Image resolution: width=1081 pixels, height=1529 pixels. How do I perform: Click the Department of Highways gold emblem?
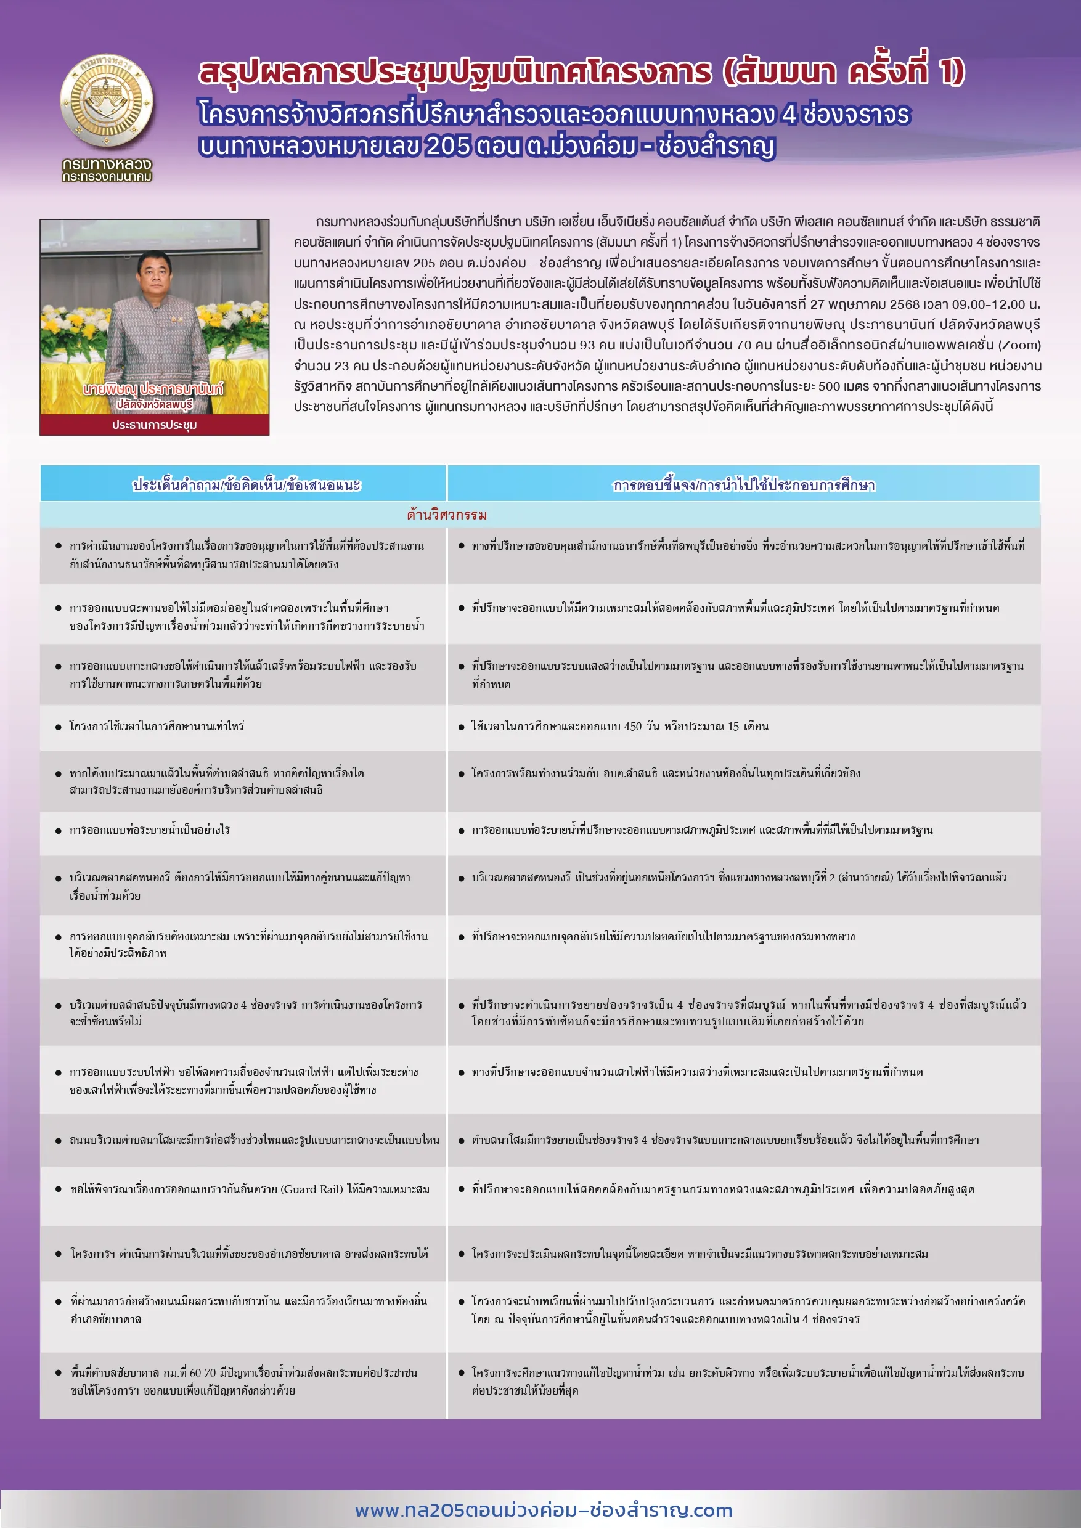click(107, 101)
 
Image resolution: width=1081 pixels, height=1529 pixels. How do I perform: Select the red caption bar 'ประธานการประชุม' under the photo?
click(155, 424)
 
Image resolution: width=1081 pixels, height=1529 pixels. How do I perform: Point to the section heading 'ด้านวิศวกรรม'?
click(447, 515)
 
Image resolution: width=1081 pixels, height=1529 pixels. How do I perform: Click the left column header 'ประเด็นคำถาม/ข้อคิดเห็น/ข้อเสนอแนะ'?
click(247, 485)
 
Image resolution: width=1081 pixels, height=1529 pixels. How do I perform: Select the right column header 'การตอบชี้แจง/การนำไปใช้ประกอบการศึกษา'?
click(744, 485)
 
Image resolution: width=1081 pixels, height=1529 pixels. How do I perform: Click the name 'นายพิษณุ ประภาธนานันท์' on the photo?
click(153, 389)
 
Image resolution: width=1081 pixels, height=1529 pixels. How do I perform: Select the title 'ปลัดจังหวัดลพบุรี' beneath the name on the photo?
click(155, 404)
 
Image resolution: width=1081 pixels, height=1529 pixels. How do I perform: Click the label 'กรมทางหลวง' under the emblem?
click(107, 164)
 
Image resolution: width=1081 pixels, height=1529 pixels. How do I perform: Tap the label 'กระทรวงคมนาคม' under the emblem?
click(107, 177)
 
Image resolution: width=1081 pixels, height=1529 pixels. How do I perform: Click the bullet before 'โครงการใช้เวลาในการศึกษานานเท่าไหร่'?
click(59, 727)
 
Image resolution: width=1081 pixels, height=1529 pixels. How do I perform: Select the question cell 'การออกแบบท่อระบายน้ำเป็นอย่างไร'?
click(149, 830)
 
